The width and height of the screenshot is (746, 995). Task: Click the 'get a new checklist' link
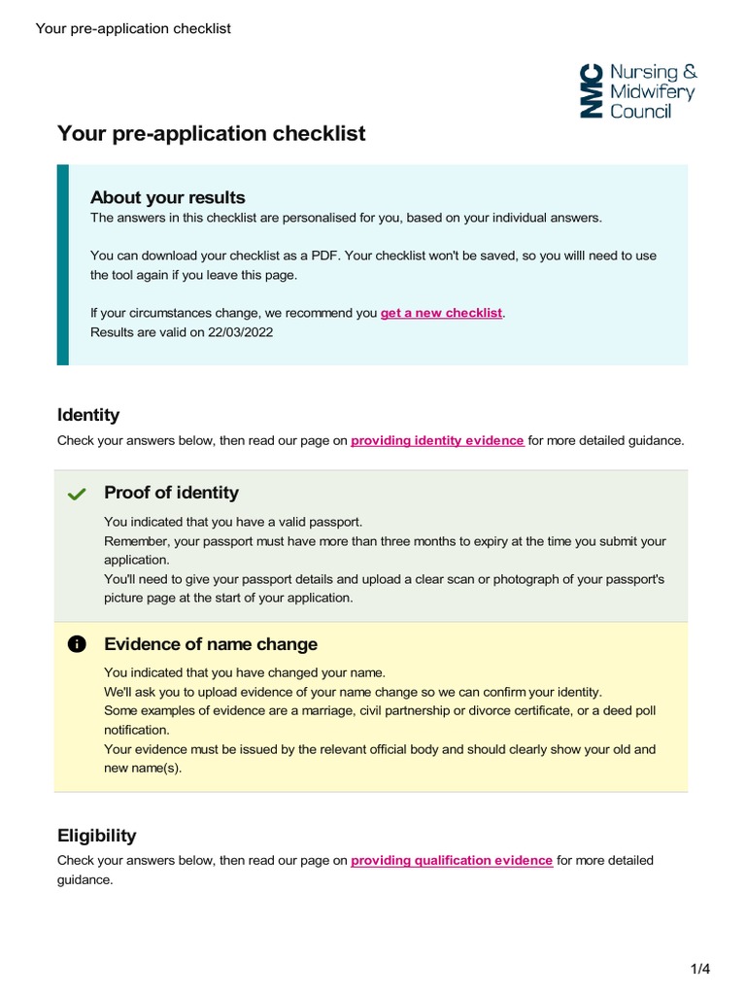click(x=441, y=313)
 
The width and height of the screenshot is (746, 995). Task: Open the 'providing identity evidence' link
click(x=437, y=440)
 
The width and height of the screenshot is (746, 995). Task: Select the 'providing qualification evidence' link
click(x=452, y=860)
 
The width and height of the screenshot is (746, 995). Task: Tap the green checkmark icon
click(x=77, y=495)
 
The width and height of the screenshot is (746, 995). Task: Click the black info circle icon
click(x=77, y=645)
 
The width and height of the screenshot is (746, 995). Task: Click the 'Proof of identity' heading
click(x=171, y=493)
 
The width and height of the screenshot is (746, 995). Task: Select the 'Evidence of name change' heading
click(x=210, y=644)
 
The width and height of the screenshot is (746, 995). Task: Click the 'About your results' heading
click(x=167, y=197)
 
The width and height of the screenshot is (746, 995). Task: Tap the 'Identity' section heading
click(x=88, y=415)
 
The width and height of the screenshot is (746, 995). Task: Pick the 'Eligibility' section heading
click(x=97, y=836)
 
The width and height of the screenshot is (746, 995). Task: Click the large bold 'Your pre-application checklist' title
click(x=211, y=133)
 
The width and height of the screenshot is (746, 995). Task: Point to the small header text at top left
click(x=133, y=28)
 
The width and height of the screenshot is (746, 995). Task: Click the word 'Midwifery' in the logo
click(x=652, y=91)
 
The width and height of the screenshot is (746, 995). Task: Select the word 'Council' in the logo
click(x=640, y=111)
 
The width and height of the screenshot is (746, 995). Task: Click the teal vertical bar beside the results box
click(x=63, y=264)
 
